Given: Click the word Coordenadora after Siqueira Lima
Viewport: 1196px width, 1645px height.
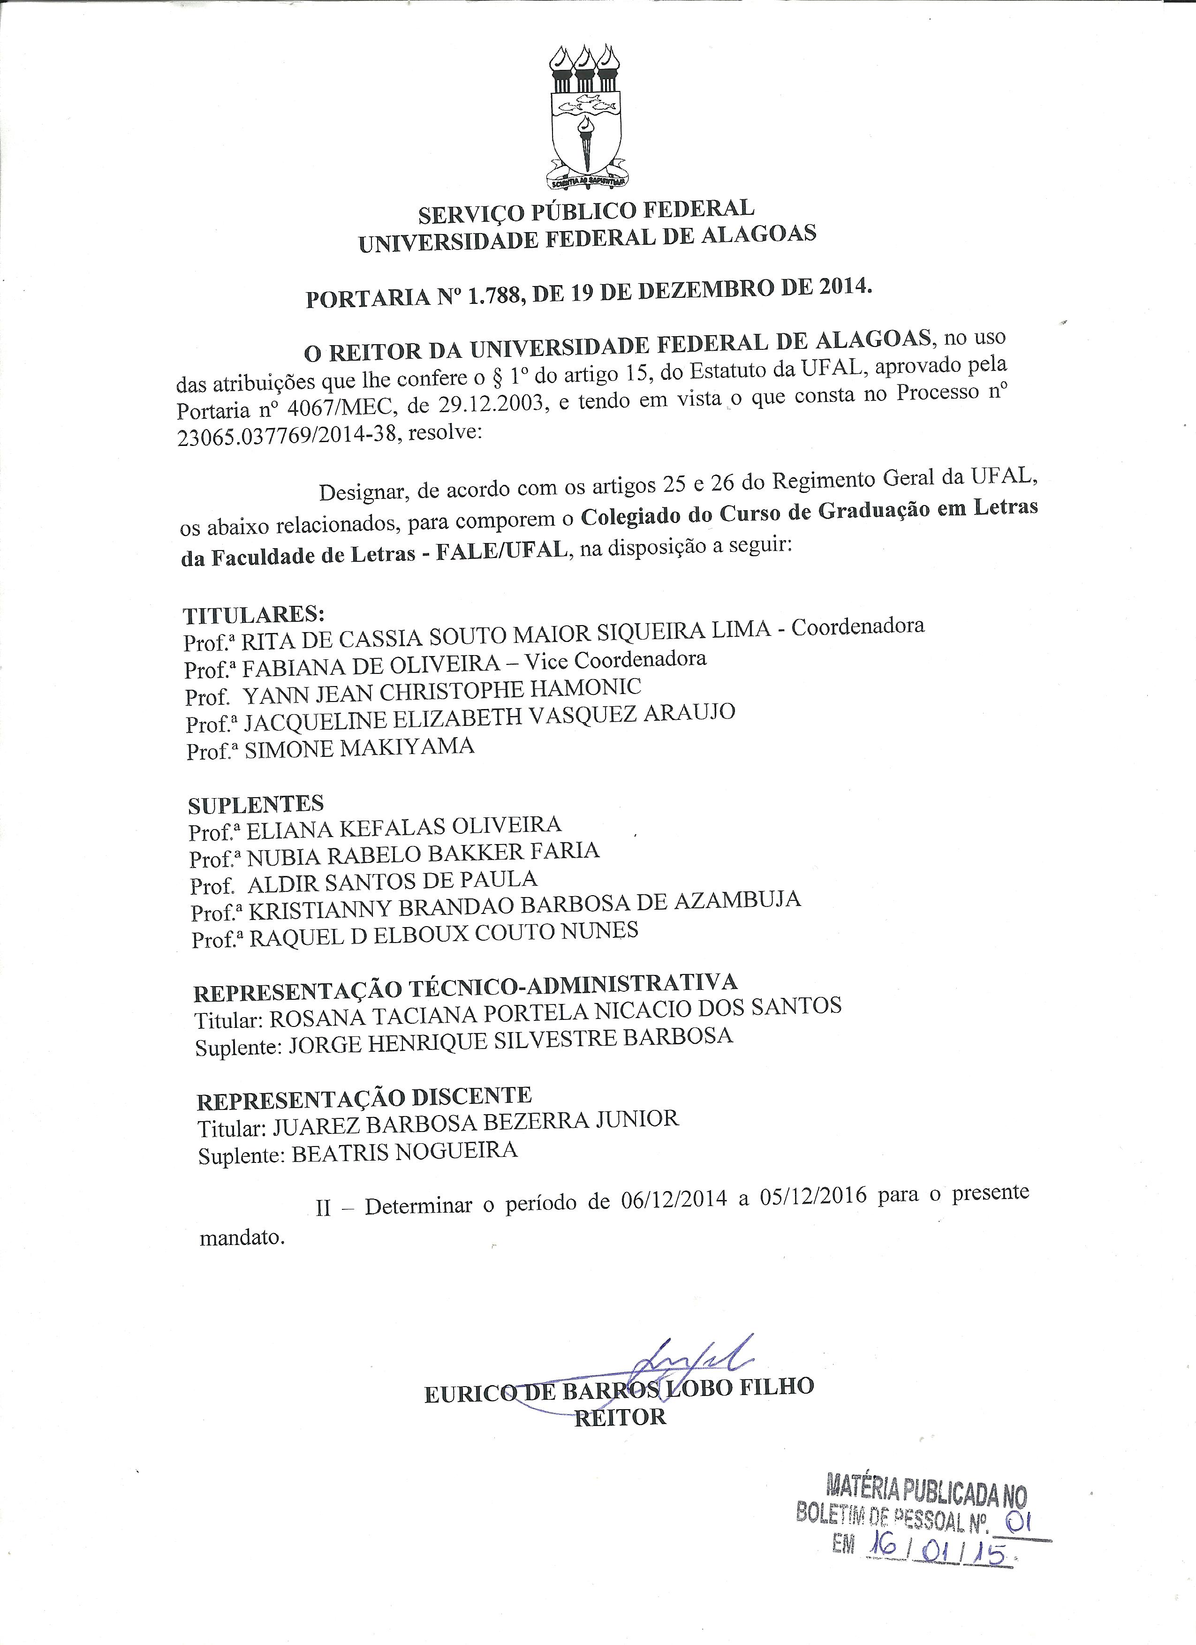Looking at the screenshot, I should [857, 626].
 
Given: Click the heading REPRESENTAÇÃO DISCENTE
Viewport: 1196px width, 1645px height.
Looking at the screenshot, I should [364, 1098].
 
